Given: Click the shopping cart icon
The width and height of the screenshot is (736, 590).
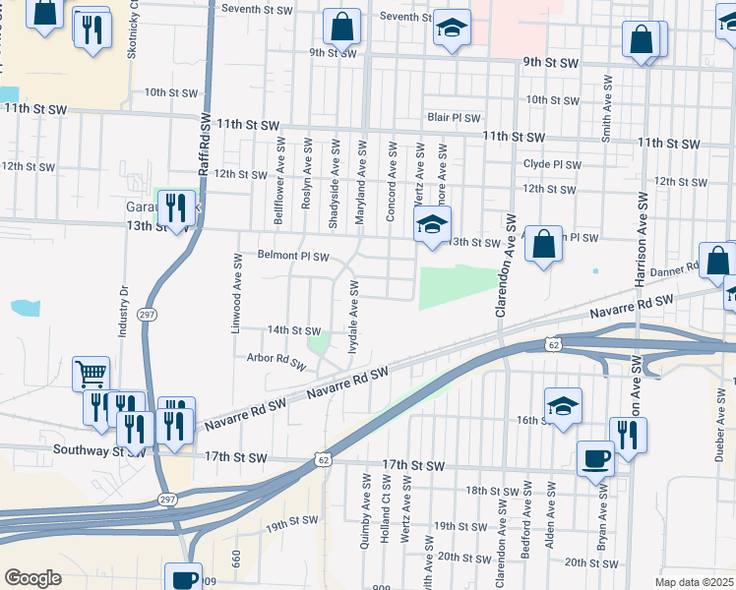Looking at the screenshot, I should pyautogui.click(x=91, y=373).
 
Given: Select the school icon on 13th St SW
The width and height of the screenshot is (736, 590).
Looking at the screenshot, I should pyautogui.click(x=431, y=224).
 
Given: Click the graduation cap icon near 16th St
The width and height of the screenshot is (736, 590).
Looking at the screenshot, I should pyautogui.click(x=563, y=405).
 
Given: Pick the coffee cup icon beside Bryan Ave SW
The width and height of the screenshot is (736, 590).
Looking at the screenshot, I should pyautogui.click(x=596, y=457).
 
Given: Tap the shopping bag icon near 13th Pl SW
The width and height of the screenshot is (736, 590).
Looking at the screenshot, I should pyautogui.click(x=543, y=244).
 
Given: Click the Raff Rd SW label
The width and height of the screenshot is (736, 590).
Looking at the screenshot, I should pyautogui.click(x=206, y=144).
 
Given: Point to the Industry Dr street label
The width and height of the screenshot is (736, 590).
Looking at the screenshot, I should pyautogui.click(x=124, y=313).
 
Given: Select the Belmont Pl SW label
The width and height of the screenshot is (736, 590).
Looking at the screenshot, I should pyautogui.click(x=293, y=255).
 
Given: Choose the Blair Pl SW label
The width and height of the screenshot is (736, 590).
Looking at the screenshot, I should pyautogui.click(x=453, y=117).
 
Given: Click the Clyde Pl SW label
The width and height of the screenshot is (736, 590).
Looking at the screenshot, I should pyautogui.click(x=552, y=164).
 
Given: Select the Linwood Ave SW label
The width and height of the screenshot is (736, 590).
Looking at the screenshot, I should pyautogui.click(x=237, y=292).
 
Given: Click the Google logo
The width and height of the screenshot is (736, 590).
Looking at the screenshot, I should pyautogui.click(x=32, y=578).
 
